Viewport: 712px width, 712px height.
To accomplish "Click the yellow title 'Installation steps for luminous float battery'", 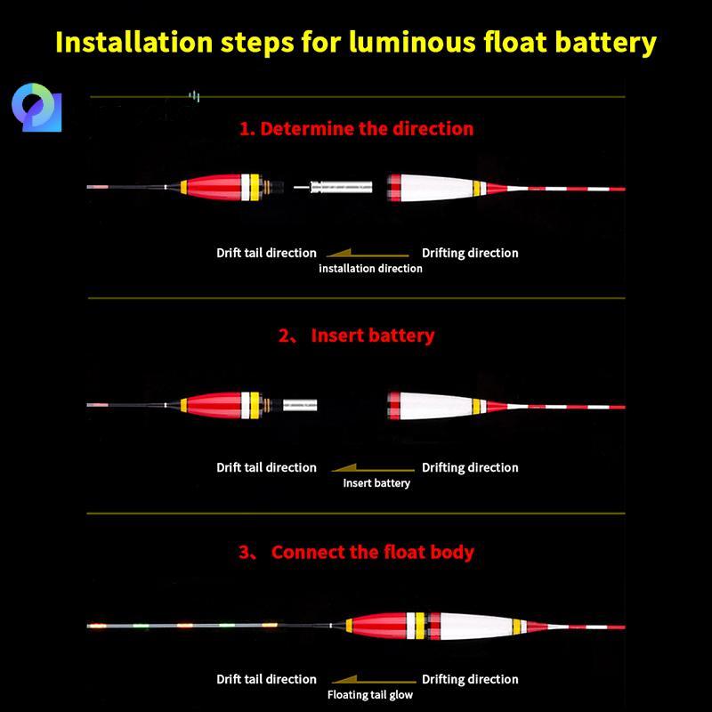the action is pyautogui.click(x=356, y=43).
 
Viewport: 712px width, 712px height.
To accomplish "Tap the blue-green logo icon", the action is pyautogui.click(x=36, y=108).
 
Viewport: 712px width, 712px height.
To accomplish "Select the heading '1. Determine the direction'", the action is pyautogui.click(x=357, y=129).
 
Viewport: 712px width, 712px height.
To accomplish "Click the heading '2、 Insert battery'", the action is pyautogui.click(x=357, y=336).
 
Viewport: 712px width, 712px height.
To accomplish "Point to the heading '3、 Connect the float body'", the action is pyautogui.click(x=357, y=552).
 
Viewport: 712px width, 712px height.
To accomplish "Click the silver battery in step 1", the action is pyautogui.click(x=341, y=187).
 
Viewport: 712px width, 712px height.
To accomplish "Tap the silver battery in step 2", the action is pyautogui.click(x=300, y=405).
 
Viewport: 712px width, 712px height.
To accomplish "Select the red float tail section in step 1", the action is pyautogui.click(x=214, y=187).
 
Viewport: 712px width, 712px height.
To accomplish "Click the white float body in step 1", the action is pyautogui.click(x=436, y=188).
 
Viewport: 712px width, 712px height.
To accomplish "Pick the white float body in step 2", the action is pyautogui.click(x=436, y=406).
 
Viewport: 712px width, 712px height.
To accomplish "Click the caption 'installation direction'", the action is pyautogui.click(x=370, y=269).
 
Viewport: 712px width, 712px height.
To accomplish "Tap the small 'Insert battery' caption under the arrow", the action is pyautogui.click(x=376, y=483).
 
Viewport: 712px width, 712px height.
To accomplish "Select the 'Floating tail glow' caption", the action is pyautogui.click(x=370, y=695).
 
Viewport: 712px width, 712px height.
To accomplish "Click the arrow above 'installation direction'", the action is pyautogui.click(x=368, y=254).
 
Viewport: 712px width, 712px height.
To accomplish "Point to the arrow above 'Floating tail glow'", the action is pyautogui.click(x=374, y=679).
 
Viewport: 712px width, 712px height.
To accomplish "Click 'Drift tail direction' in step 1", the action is pyautogui.click(x=266, y=253).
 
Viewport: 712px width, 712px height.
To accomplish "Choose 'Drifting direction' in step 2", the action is pyautogui.click(x=470, y=468).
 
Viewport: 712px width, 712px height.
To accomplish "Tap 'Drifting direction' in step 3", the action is pyautogui.click(x=470, y=679).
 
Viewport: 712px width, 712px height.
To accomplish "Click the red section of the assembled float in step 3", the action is pyautogui.click(x=379, y=626).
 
